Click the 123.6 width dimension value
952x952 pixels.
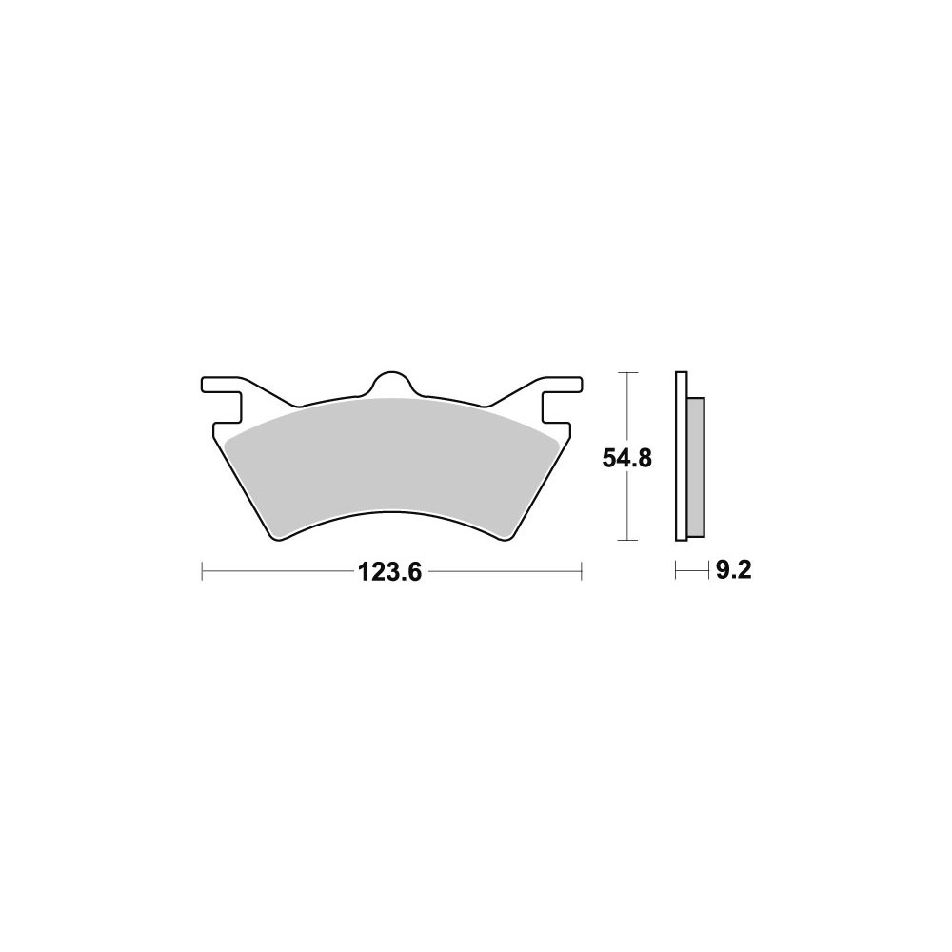pos(389,572)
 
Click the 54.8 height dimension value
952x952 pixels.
pos(626,458)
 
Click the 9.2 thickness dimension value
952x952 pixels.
pos(733,570)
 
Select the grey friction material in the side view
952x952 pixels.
pos(696,466)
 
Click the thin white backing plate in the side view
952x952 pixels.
pos(682,455)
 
